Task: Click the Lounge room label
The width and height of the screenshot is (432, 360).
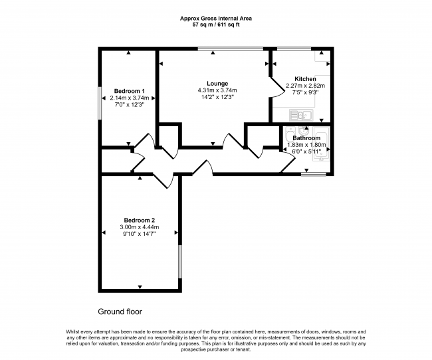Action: click(217, 84)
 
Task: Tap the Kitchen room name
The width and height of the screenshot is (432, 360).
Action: click(305, 79)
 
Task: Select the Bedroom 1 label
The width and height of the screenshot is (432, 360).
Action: click(130, 91)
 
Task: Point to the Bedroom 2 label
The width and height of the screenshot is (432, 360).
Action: click(140, 221)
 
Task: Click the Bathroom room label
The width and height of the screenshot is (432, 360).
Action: click(306, 138)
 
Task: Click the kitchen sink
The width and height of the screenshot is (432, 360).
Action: click(301, 115)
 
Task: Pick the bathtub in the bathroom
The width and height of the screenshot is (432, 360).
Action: click(321, 144)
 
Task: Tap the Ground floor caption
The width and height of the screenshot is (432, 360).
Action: click(120, 312)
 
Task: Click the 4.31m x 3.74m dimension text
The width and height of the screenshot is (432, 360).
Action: click(217, 90)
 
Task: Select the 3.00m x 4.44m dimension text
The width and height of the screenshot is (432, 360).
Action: click(140, 227)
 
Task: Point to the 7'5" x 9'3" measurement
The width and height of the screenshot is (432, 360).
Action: click(305, 92)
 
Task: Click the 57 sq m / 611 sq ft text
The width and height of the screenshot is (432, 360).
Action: click(216, 25)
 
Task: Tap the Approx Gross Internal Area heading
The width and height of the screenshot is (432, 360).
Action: click(216, 19)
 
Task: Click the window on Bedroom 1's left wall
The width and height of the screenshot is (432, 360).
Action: click(100, 104)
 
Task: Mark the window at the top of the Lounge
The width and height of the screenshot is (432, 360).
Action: click(231, 49)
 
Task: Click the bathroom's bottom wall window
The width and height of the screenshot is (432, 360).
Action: click(314, 174)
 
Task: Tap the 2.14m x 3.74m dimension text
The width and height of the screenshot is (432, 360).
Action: click(130, 98)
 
